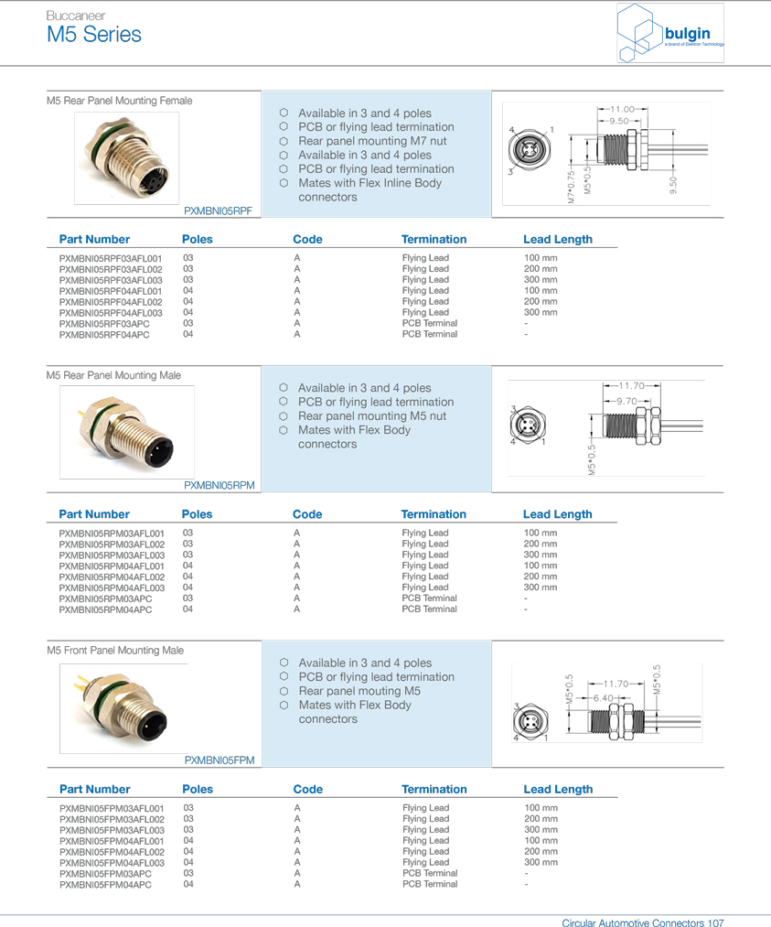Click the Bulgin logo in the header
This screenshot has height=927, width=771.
672,35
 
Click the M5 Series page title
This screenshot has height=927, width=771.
94,36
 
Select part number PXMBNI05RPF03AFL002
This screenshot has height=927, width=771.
111,269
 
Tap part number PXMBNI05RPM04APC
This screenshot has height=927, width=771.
105,609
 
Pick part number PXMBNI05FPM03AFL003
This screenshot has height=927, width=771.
112,830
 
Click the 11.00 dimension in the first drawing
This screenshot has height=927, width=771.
622,109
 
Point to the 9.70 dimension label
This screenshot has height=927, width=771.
626,402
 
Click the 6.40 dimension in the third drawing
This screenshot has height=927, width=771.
603,698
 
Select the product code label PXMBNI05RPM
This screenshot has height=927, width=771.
219,486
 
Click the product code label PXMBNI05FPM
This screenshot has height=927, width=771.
220,760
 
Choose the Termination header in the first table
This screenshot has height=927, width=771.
434,240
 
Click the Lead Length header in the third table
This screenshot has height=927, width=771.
557,790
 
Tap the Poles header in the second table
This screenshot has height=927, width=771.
197,514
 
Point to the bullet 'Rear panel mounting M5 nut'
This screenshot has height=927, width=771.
371,416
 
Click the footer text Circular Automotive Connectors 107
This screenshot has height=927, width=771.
642,923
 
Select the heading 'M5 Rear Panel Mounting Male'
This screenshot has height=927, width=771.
113,375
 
